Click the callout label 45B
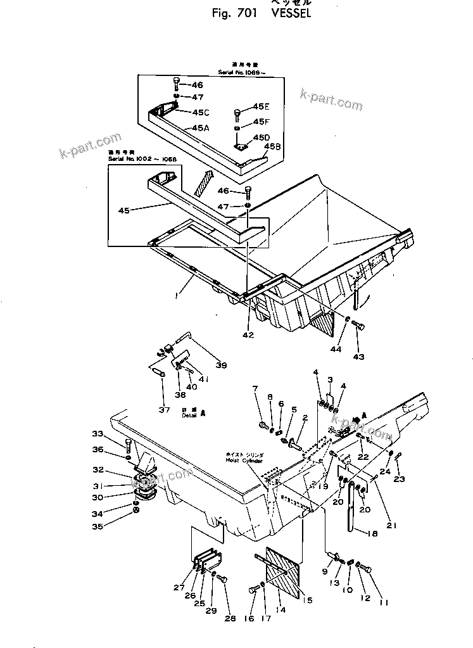272,146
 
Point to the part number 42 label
248,334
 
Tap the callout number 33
115,434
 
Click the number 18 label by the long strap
371,534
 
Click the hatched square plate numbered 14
282,573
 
